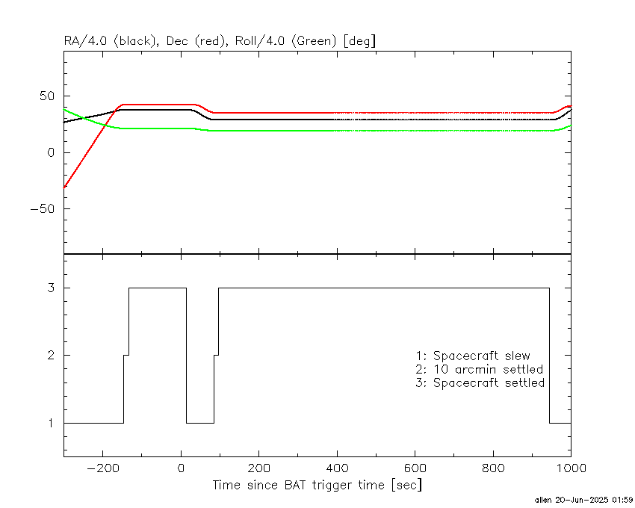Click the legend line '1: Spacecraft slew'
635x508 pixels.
pyautogui.click(x=473, y=356)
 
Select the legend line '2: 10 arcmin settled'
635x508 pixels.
pyautogui.click(x=479, y=369)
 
